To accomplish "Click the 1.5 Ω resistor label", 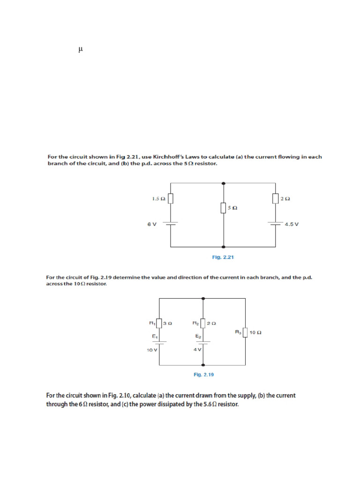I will (x=158, y=199).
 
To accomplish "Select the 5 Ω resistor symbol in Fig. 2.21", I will (x=224, y=207).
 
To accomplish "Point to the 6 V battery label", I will (x=151, y=224).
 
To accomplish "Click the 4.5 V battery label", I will (x=291, y=224).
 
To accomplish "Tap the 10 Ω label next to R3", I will (x=255, y=333).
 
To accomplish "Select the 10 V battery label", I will (x=152, y=350).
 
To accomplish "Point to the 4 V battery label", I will (x=197, y=350).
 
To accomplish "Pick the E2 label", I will (x=198, y=336).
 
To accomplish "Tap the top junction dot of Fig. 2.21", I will (x=224, y=182).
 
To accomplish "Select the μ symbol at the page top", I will (x=81, y=49).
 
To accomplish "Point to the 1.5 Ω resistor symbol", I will (x=170, y=199).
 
